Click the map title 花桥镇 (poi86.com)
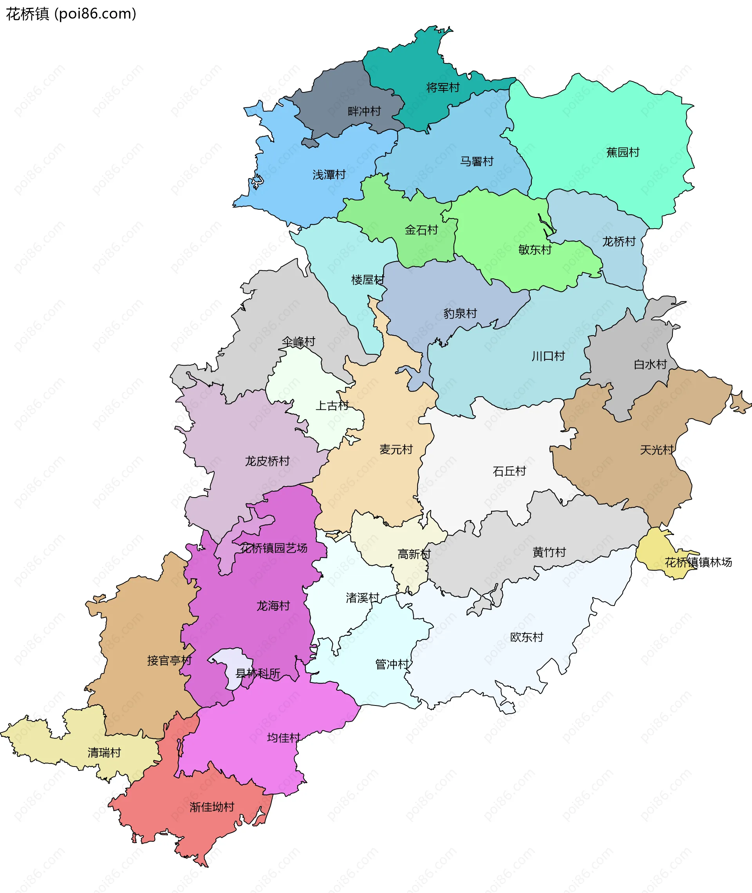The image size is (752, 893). (71, 14)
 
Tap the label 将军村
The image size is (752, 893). (443, 88)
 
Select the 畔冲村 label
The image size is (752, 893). (364, 112)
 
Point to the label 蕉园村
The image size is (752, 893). (622, 153)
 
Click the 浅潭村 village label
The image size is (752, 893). (329, 175)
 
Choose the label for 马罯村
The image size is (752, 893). (476, 161)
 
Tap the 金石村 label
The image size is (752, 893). (421, 230)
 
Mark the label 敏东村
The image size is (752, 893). (535, 250)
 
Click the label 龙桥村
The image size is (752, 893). (618, 242)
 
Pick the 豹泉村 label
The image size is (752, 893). (459, 314)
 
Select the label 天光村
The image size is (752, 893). (656, 449)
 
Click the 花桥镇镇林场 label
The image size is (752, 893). (698, 563)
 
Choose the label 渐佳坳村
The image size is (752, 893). (212, 806)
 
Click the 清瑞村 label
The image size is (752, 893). (104, 752)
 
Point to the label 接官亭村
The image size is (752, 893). (169, 660)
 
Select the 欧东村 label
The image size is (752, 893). (526, 637)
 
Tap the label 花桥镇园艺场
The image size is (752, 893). (273, 548)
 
